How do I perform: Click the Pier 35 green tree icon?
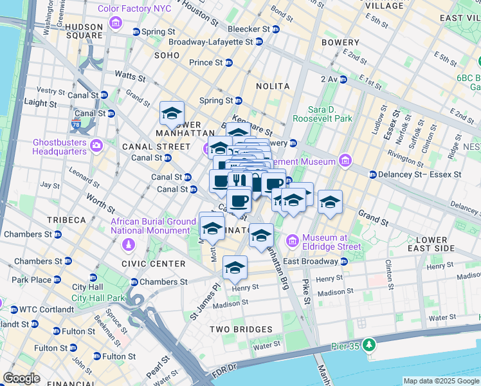[x=368, y=345]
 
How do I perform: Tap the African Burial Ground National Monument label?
[x=153, y=226]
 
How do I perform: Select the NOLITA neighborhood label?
[x=272, y=86]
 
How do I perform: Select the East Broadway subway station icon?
[x=343, y=261]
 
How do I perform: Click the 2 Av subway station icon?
[x=343, y=79]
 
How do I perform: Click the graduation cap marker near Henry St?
[x=235, y=267]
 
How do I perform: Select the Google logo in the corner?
[x=21, y=378]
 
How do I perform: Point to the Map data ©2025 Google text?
[x=441, y=381]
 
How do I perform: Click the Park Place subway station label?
[x=31, y=280]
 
